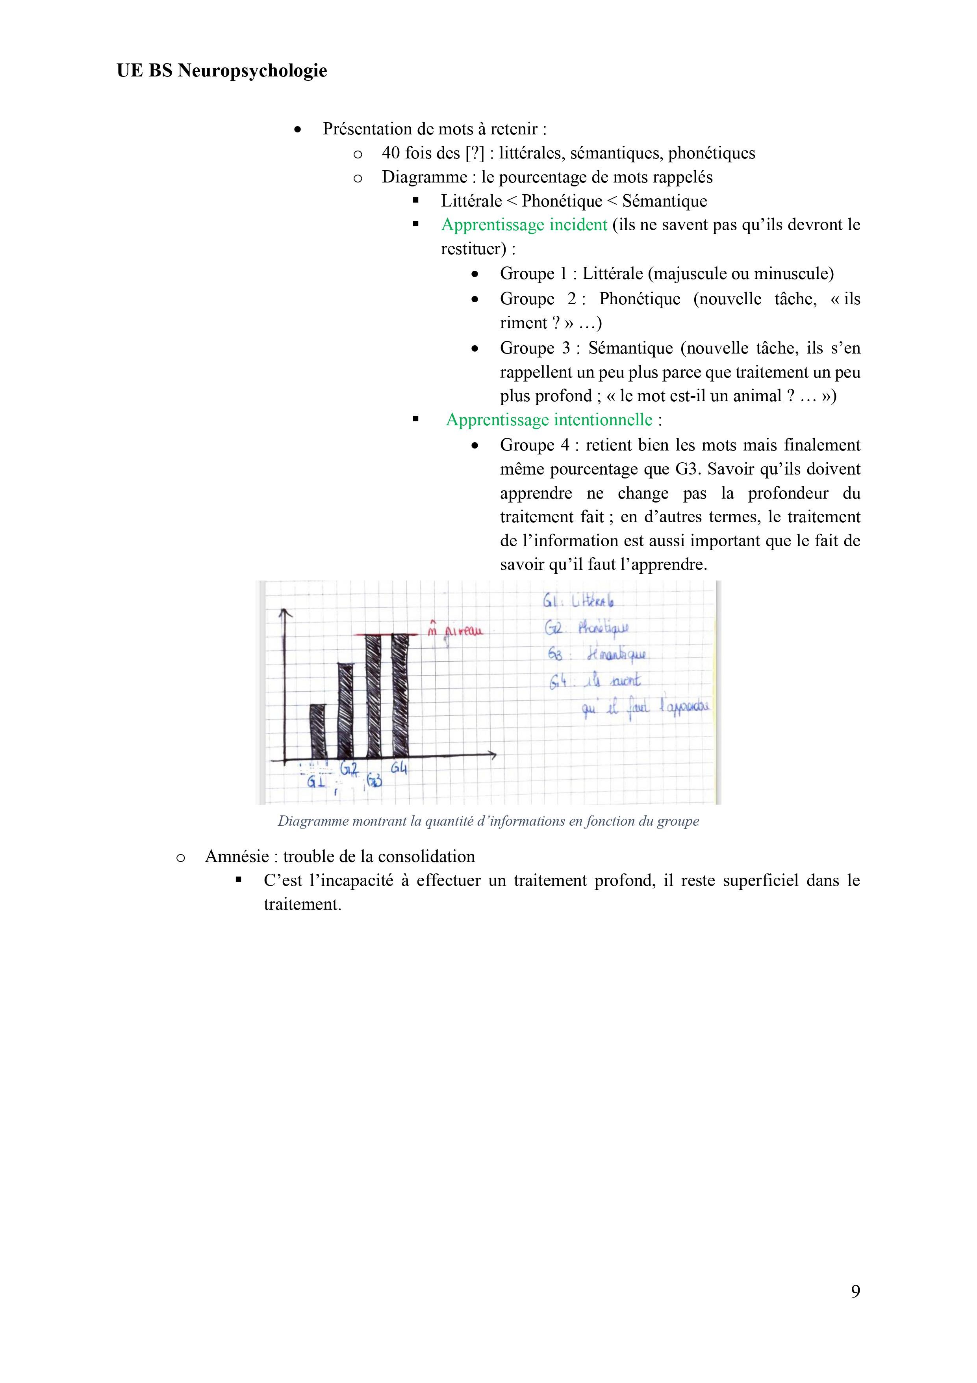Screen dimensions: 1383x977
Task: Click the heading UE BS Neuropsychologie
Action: (222, 71)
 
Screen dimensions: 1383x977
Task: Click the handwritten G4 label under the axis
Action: (399, 769)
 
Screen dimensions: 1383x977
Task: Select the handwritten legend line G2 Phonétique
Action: (586, 628)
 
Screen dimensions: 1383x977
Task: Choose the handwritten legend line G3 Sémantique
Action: (598, 654)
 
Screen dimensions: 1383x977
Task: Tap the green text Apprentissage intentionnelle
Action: (549, 420)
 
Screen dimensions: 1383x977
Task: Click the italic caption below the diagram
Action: (488, 821)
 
